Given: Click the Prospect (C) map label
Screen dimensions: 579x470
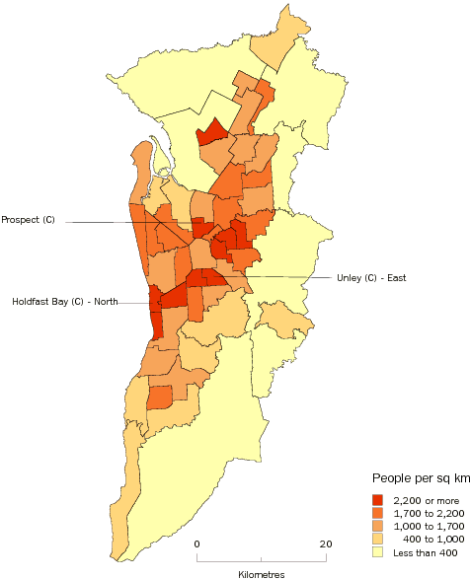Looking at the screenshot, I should point(29,219).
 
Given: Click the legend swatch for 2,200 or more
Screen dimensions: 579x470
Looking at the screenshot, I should point(377,500).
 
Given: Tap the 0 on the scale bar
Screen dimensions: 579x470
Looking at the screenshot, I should point(196,543).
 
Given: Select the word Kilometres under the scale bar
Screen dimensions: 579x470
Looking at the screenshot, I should point(261,572).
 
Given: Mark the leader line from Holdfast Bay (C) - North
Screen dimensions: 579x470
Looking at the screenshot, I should point(133,302).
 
